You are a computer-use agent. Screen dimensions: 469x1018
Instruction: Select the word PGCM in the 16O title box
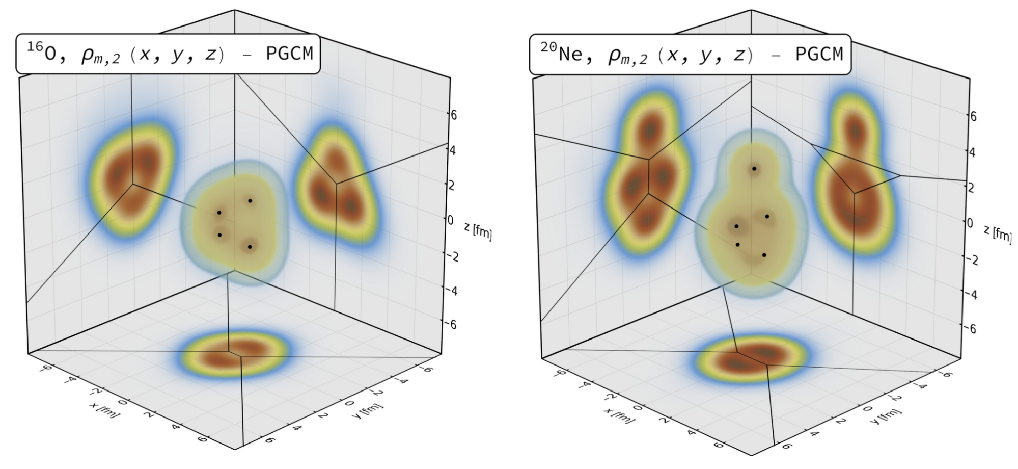coord(289,53)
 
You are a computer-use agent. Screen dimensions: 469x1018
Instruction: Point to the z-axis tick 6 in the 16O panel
coord(453,115)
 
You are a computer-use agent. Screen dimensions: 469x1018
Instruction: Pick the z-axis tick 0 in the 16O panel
coord(450,220)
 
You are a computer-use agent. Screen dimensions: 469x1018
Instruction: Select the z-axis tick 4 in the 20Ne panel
coord(972,152)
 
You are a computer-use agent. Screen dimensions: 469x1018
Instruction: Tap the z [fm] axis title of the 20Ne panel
coord(997,234)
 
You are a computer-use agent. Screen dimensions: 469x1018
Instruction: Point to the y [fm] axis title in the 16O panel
coord(367,410)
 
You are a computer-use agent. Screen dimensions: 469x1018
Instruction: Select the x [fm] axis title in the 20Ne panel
coord(619,415)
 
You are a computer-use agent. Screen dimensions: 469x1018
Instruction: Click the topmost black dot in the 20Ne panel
coord(754,169)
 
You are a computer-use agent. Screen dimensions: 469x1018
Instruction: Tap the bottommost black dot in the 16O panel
coord(250,247)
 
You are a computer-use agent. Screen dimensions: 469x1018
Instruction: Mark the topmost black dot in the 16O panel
coord(250,201)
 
